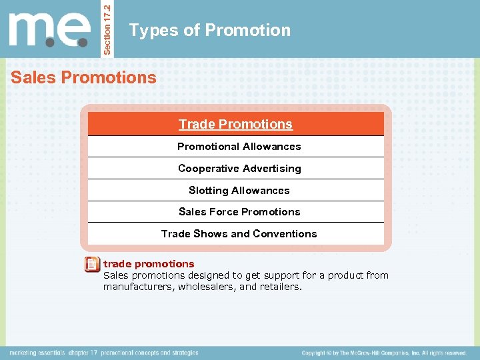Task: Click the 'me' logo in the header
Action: pyautogui.click(x=50, y=29)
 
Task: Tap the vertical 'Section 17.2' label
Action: pyautogui.click(x=109, y=29)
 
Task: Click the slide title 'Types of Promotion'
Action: pyautogui.click(x=210, y=30)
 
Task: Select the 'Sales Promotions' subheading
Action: pyautogui.click(x=83, y=77)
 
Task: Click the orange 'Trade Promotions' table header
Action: pyautogui.click(x=235, y=124)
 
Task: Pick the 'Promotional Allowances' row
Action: pyautogui.click(x=239, y=147)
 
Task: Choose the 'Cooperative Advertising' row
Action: pyautogui.click(x=239, y=169)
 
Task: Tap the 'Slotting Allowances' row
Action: pyautogui.click(x=239, y=191)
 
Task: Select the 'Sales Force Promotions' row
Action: pyautogui.click(x=239, y=212)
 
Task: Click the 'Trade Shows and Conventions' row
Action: pyautogui.click(x=239, y=234)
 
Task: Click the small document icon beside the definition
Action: pyautogui.click(x=93, y=265)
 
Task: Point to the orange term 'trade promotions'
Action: pyautogui.click(x=149, y=264)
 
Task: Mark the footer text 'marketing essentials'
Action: pyautogui.click(x=37, y=353)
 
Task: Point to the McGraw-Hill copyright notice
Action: pyautogui.click(x=383, y=353)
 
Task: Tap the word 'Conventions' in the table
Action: pyautogui.click(x=287, y=234)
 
